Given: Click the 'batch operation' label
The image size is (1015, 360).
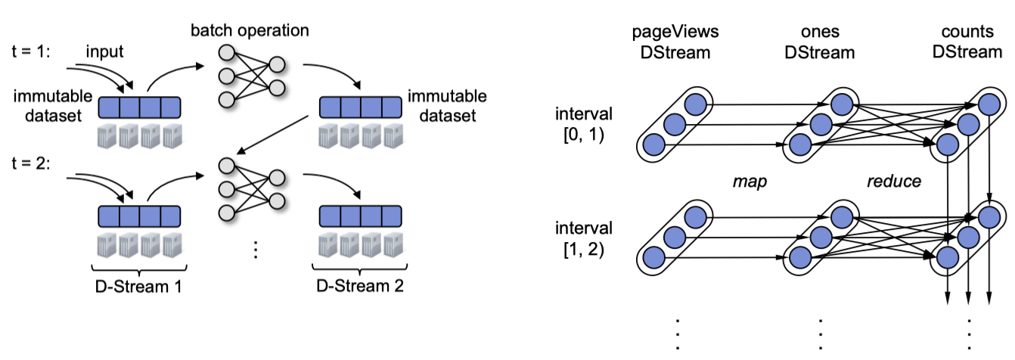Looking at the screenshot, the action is [x=250, y=30].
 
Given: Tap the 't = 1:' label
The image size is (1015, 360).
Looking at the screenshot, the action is [x=31, y=51].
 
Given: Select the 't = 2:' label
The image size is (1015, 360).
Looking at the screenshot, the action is [x=31, y=163].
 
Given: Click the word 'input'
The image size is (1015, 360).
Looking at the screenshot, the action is [x=104, y=51].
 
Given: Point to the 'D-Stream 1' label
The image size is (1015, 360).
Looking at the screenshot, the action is [x=138, y=286].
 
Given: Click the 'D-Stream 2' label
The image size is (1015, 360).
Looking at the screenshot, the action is [x=360, y=286].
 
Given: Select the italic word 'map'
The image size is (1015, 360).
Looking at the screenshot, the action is [x=750, y=182].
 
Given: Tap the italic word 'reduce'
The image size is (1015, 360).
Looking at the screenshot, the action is [x=894, y=181].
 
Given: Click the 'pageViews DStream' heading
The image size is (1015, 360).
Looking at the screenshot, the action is [x=675, y=42].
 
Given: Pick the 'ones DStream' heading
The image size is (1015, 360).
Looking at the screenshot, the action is [x=820, y=42].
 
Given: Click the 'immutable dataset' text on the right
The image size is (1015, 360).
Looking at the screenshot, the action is [x=447, y=106].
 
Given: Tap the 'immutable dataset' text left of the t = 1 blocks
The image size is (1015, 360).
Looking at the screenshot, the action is [x=53, y=106].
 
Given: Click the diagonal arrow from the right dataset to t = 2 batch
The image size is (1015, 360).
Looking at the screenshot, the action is [x=273, y=135].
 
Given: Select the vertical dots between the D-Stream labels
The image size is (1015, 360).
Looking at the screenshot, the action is [x=256, y=250].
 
